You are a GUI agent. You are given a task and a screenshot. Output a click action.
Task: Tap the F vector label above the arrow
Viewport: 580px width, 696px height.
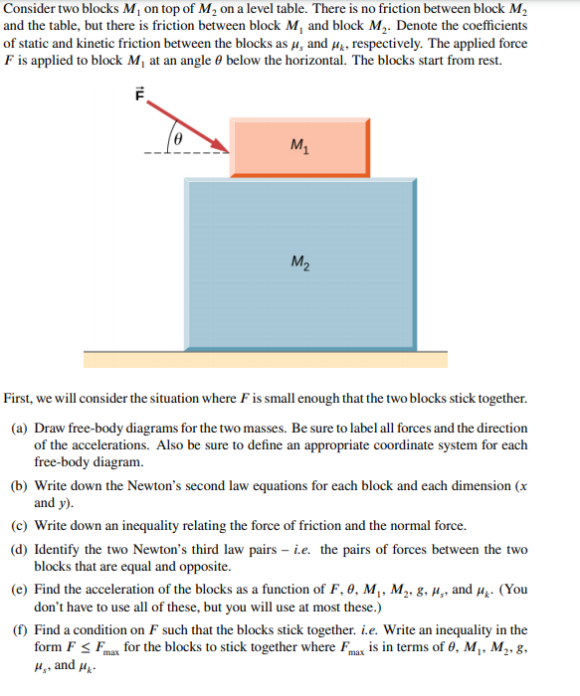click(140, 94)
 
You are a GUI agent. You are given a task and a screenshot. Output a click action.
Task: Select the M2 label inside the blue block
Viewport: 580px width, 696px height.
click(299, 262)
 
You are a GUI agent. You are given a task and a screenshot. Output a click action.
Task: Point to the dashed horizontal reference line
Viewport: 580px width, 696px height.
click(189, 154)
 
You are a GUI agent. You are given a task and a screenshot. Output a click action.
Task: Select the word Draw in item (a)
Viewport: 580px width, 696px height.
click(50, 428)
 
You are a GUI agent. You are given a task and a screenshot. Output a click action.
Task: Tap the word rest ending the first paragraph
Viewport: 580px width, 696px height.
click(489, 61)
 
